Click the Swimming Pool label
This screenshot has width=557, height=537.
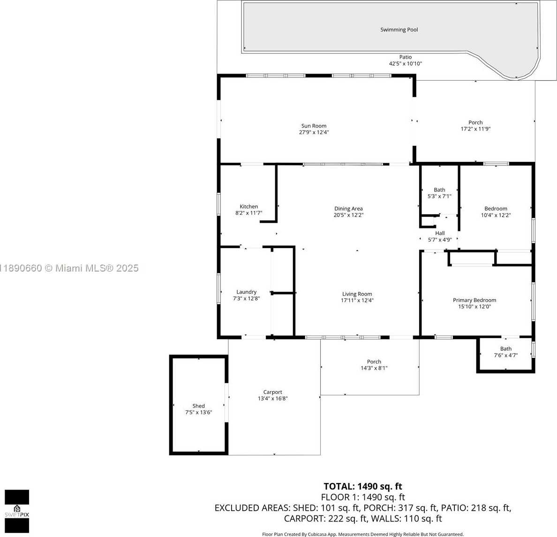(x=399, y=30)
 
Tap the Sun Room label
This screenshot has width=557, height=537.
(x=314, y=126)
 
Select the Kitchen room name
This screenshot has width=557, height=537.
(x=248, y=206)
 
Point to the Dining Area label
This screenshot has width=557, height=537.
(x=348, y=209)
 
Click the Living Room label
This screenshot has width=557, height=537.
(x=357, y=294)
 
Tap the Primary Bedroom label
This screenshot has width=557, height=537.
(x=474, y=300)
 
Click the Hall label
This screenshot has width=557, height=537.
(x=440, y=233)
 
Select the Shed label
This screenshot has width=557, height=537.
(x=199, y=406)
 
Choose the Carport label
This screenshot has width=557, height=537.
(x=272, y=392)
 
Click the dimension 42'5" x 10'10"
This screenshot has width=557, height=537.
(x=405, y=64)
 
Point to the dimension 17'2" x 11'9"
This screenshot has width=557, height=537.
(x=475, y=129)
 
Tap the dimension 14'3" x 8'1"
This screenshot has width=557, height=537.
(x=374, y=368)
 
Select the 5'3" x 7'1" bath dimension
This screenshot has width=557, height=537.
(x=439, y=196)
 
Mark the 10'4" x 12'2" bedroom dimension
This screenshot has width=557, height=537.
(x=496, y=215)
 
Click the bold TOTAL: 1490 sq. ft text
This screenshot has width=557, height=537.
(x=363, y=486)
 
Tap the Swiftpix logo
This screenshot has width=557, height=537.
(x=17, y=511)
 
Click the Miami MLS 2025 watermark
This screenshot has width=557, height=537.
(x=69, y=268)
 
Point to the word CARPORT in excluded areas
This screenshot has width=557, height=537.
(x=304, y=519)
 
